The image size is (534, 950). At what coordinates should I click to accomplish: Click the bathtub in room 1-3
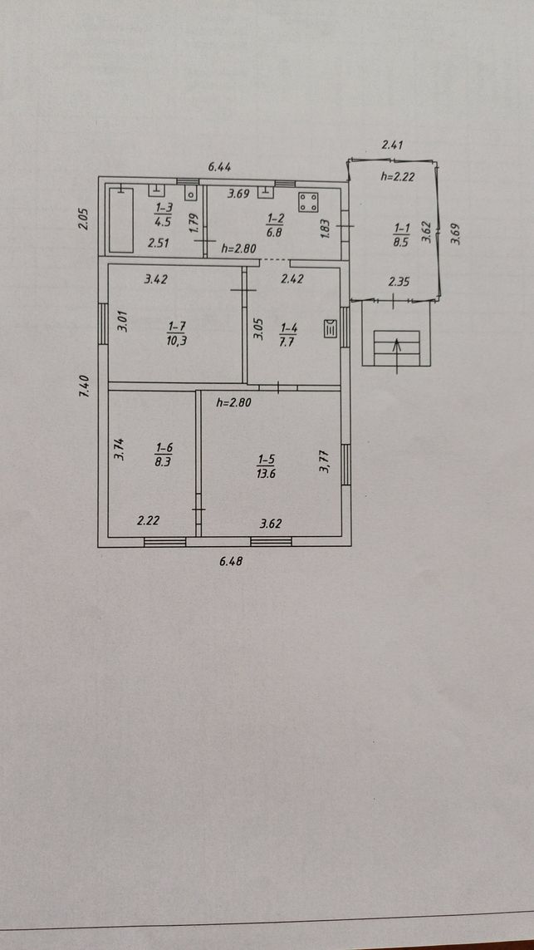(121, 220)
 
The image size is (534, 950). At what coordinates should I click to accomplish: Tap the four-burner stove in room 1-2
(309, 202)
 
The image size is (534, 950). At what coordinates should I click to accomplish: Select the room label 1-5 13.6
(266, 468)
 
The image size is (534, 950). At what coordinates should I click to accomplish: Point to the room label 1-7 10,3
(175, 334)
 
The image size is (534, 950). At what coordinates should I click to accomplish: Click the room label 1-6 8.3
(164, 454)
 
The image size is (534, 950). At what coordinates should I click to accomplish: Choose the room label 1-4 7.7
(288, 334)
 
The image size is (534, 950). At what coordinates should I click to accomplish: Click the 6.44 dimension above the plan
(219, 167)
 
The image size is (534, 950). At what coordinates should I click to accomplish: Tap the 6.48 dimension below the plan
(231, 562)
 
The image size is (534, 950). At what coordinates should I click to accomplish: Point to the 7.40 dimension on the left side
(85, 386)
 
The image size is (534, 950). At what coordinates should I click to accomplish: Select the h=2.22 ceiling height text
(397, 177)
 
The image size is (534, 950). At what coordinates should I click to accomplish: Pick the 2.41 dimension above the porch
(392, 145)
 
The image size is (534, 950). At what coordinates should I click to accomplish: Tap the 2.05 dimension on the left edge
(84, 219)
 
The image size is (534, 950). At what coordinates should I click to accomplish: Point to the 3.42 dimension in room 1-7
(155, 280)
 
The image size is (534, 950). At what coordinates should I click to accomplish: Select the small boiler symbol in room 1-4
(331, 328)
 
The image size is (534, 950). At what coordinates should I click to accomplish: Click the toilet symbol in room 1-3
(191, 194)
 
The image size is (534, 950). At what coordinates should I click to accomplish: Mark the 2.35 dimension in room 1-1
(399, 281)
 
